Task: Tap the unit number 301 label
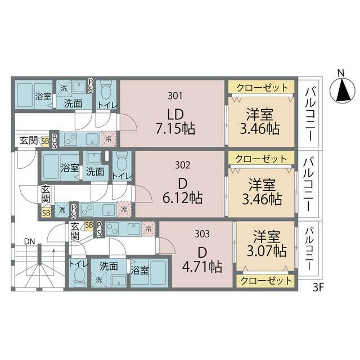point(175,96)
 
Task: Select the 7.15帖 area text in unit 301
point(175,129)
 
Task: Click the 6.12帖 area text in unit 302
point(182,198)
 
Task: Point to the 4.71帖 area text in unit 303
point(202,267)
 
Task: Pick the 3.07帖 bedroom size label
point(267,251)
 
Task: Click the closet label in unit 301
point(262,88)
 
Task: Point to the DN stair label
point(30,241)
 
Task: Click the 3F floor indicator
point(318,287)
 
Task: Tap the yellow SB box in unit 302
point(46,213)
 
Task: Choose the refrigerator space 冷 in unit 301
point(108,139)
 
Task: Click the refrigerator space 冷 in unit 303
point(148,229)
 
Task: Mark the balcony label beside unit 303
point(309,249)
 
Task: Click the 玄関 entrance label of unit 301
point(29,140)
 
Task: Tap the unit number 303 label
point(202,234)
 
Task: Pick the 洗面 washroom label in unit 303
point(109,266)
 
